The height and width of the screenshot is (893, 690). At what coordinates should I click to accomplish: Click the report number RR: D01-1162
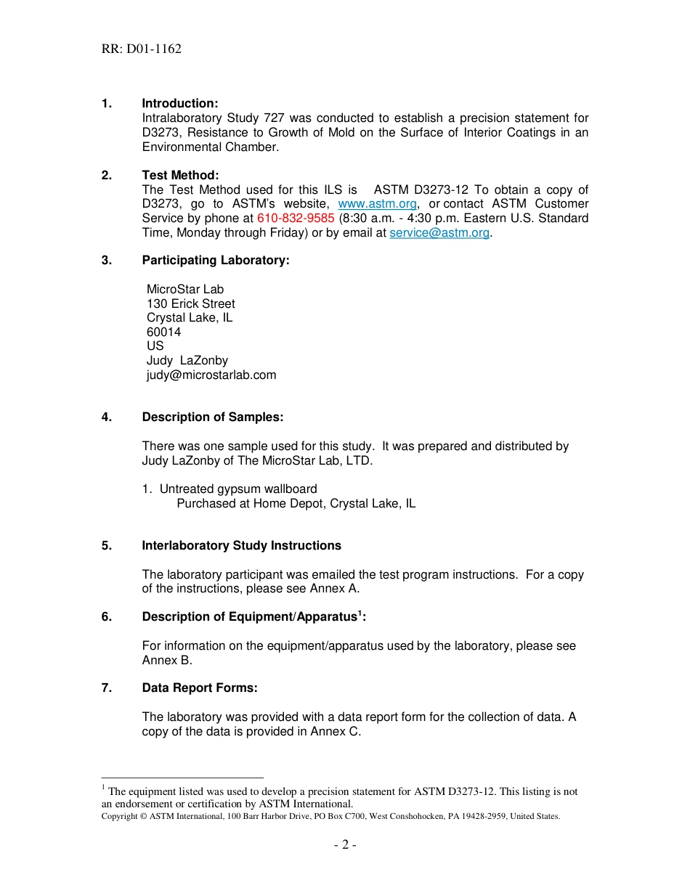click(142, 49)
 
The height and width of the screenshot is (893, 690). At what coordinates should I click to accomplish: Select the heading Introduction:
click(179, 104)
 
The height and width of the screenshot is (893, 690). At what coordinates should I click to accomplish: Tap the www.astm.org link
click(377, 204)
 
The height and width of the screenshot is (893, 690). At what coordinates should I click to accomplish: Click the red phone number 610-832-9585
click(296, 219)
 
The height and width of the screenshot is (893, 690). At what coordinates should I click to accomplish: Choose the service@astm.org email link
click(439, 233)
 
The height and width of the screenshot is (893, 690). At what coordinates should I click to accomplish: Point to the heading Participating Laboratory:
click(216, 261)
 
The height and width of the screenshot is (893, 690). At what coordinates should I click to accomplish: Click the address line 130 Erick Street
click(190, 303)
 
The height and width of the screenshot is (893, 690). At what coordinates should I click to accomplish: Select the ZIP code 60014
click(163, 332)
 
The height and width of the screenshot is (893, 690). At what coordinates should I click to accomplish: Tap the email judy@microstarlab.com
click(211, 375)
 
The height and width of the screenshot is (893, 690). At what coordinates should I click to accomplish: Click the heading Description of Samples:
click(212, 417)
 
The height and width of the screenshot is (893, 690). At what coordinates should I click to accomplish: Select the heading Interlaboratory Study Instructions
click(241, 546)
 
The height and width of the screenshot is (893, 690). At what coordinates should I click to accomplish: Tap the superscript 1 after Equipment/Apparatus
click(360, 613)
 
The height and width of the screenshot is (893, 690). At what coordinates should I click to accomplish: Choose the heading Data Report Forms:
click(200, 688)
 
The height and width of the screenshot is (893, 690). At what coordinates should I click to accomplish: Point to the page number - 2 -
click(345, 845)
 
